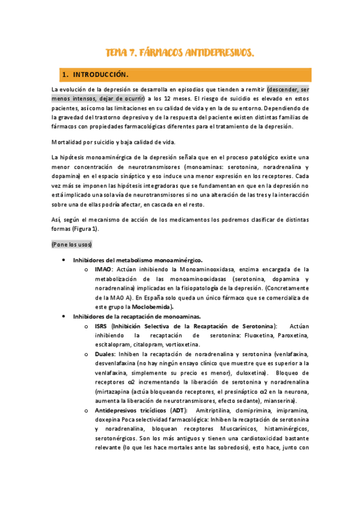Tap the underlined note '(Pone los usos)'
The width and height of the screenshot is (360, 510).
[x=72, y=245]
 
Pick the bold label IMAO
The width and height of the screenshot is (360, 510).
[x=103, y=269]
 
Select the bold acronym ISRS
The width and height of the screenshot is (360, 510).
[x=102, y=325]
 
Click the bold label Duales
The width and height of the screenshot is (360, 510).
[x=106, y=354]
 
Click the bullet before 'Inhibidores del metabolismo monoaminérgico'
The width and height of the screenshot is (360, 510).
[x=64, y=260]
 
